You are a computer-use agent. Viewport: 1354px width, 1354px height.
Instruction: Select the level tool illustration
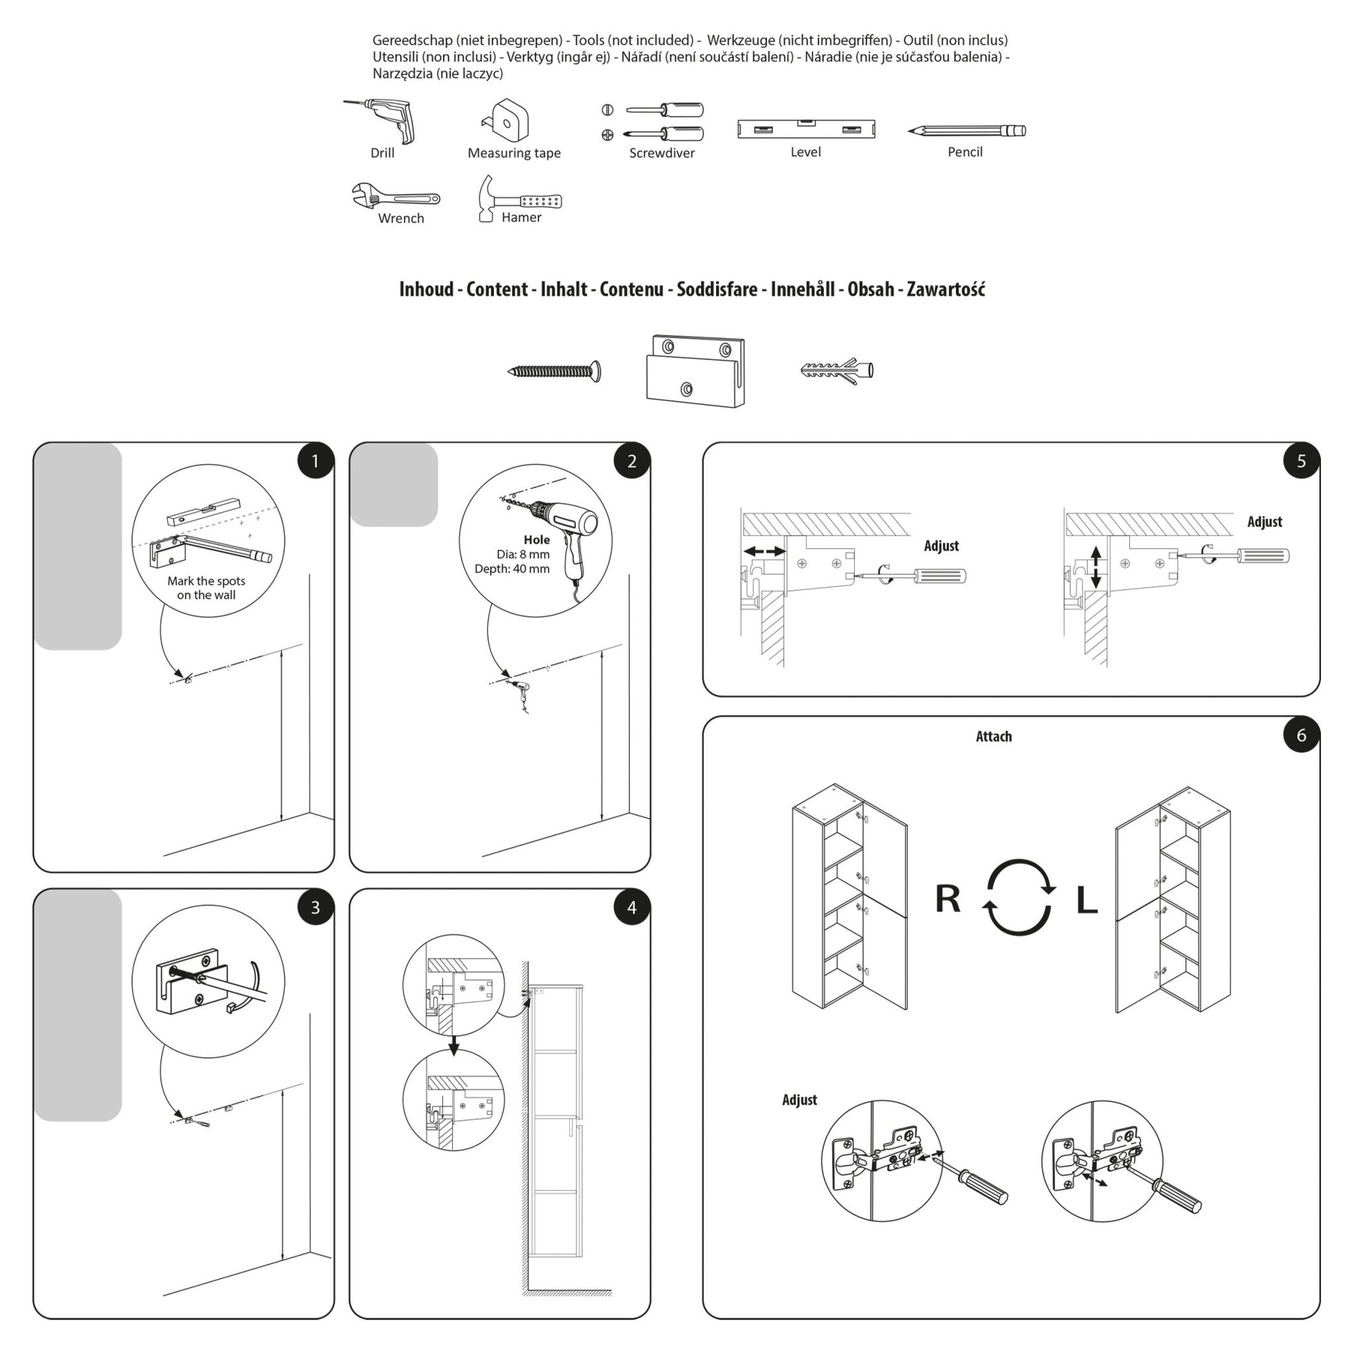(x=806, y=129)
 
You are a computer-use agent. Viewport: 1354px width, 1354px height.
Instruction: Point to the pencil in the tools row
(x=967, y=131)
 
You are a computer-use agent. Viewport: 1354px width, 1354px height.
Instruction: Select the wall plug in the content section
(x=837, y=370)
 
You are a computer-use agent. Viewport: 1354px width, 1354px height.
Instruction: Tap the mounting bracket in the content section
(x=695, y=372)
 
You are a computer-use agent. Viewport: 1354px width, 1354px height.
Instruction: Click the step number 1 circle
(x=315, y=461)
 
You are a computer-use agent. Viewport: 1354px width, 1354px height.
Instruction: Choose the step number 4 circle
(x=631, y=908)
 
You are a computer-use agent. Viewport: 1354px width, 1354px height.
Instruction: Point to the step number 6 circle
(x=1301, y=735)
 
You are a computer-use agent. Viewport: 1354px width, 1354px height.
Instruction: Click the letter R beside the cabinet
(x=947, y=898)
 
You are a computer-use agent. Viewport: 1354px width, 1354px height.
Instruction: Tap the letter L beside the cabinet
(x=1086, y=900)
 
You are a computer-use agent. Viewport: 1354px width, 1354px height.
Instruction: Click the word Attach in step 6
(x=993, y=737)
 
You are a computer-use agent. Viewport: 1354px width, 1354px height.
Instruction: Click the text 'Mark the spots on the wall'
(x=206, y=588)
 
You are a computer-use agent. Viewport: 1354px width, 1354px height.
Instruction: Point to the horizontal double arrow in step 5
(x=764, y=551)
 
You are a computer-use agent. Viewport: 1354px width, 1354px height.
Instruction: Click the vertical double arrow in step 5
(x=1096, y=568)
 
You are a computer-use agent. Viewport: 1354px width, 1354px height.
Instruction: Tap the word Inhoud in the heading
(x=426, y=290)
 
